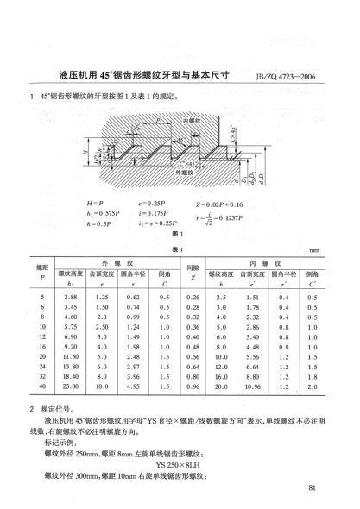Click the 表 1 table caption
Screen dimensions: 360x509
tap(180, 247)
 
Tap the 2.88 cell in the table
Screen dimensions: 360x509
tap(73, 297)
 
